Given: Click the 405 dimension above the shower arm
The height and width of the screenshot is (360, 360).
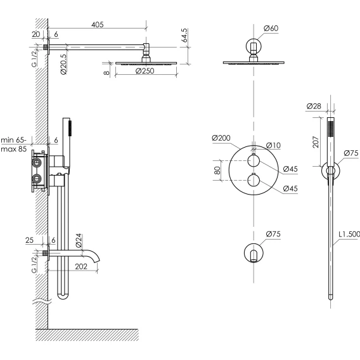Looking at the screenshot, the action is pos(98,24).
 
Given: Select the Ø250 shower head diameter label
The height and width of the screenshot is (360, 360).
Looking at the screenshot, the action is pos(145,71).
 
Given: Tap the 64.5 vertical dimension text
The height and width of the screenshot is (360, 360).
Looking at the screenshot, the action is pos(184,35).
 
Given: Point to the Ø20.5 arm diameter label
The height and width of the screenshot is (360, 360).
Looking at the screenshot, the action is pos(63,64).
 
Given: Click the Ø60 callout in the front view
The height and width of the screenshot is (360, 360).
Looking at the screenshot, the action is pos(271,29).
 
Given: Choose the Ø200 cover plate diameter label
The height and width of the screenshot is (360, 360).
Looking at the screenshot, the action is pos(221,138).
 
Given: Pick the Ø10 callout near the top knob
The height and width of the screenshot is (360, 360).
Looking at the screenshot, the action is pos(273,145).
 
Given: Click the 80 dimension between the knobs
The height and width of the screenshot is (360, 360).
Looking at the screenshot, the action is pos(217,170).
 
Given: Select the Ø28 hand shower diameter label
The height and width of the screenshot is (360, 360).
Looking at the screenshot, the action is pos(314,106).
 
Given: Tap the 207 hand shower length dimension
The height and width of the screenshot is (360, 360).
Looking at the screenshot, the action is pos(316,142).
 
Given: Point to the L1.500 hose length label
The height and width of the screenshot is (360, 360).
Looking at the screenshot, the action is pos(349,234).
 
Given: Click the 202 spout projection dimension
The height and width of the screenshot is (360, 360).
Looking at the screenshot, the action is pos(81,266).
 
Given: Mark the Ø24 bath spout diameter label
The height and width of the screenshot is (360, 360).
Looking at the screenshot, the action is pos(79,240).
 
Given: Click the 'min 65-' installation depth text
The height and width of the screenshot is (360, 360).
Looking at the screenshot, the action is pos(14,140).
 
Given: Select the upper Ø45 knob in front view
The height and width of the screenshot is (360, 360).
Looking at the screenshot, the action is pos(254,161).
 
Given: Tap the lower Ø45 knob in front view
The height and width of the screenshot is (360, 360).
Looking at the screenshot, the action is pos(254,180).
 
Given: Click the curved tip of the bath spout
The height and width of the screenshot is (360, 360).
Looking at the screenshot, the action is pos(98,260).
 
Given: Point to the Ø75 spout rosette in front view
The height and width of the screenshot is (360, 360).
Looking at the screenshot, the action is pos(254,253).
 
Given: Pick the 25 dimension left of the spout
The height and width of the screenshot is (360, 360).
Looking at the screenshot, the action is pos(29,240).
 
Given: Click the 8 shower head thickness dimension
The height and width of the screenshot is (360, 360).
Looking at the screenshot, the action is pos(106,73).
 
